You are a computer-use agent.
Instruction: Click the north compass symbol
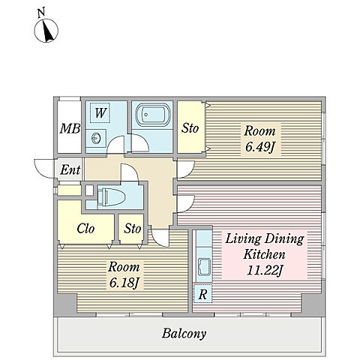[46, 30]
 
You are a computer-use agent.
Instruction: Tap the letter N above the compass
[41, 13]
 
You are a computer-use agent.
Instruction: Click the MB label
[70, 129]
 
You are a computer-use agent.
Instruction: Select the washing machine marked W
[100, 112]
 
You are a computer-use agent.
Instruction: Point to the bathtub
[152, 114]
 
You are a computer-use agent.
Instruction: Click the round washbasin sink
[96, 138]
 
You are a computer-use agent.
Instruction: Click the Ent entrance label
[70, 170]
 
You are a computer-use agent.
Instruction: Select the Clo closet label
[85, 229]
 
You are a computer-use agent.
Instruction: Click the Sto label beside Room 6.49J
[190, 128]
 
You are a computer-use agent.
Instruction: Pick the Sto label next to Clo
[133, 229]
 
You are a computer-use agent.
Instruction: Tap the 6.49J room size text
[259, 147]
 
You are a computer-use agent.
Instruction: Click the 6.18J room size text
[124, 283]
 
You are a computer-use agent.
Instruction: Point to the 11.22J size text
[265, 271]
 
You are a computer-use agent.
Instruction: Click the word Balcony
[184, 334]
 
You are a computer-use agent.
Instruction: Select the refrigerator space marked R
[202, 294]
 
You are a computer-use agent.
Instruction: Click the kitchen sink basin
[204, 266]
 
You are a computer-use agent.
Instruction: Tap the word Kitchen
[264, 254]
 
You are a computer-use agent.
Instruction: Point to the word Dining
[284, 239]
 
